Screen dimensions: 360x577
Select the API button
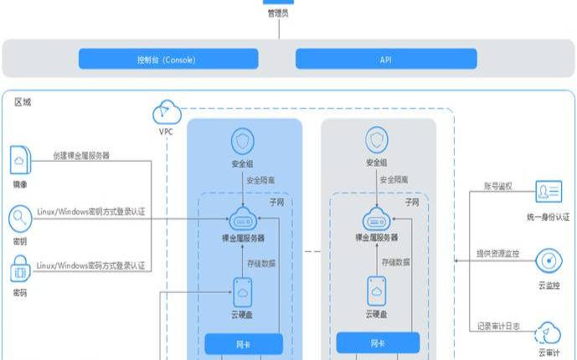385,59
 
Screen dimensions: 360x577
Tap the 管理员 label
278,13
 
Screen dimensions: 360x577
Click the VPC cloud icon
166,112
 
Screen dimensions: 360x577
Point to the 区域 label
23,102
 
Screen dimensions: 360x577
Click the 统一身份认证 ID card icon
549,193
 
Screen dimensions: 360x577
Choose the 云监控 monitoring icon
549,259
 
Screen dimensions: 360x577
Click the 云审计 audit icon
549,332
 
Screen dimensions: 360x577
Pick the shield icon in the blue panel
243,139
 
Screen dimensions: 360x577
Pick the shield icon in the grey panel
377,139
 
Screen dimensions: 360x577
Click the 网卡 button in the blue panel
244,343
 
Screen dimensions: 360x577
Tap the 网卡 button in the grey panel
377,343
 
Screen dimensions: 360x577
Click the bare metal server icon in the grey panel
377,222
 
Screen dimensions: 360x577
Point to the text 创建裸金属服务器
81,156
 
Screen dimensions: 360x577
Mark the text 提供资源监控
502,252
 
